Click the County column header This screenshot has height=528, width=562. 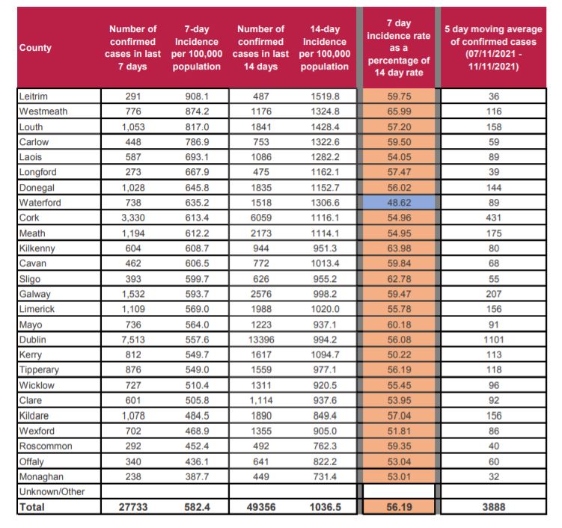(x=36, y=48)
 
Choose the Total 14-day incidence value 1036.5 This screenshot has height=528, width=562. (x=323, y=507)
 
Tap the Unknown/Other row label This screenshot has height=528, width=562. (x=52, y=491)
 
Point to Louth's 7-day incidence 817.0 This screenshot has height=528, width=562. (x=197, y=126)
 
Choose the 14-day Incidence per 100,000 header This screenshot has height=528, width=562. (x=323, y=48)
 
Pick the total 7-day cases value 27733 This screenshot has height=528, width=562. (x=132, y=507)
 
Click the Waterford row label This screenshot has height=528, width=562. (x=39, y=202)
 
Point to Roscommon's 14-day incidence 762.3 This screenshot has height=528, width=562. (x=323, y=446)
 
